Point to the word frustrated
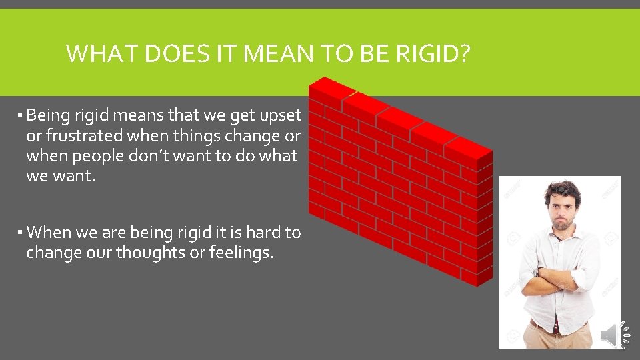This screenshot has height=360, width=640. point(83,136)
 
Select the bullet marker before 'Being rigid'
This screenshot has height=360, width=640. point(21,116)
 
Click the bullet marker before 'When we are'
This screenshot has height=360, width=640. point(21,233)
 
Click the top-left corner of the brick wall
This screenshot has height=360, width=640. point(311,83)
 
